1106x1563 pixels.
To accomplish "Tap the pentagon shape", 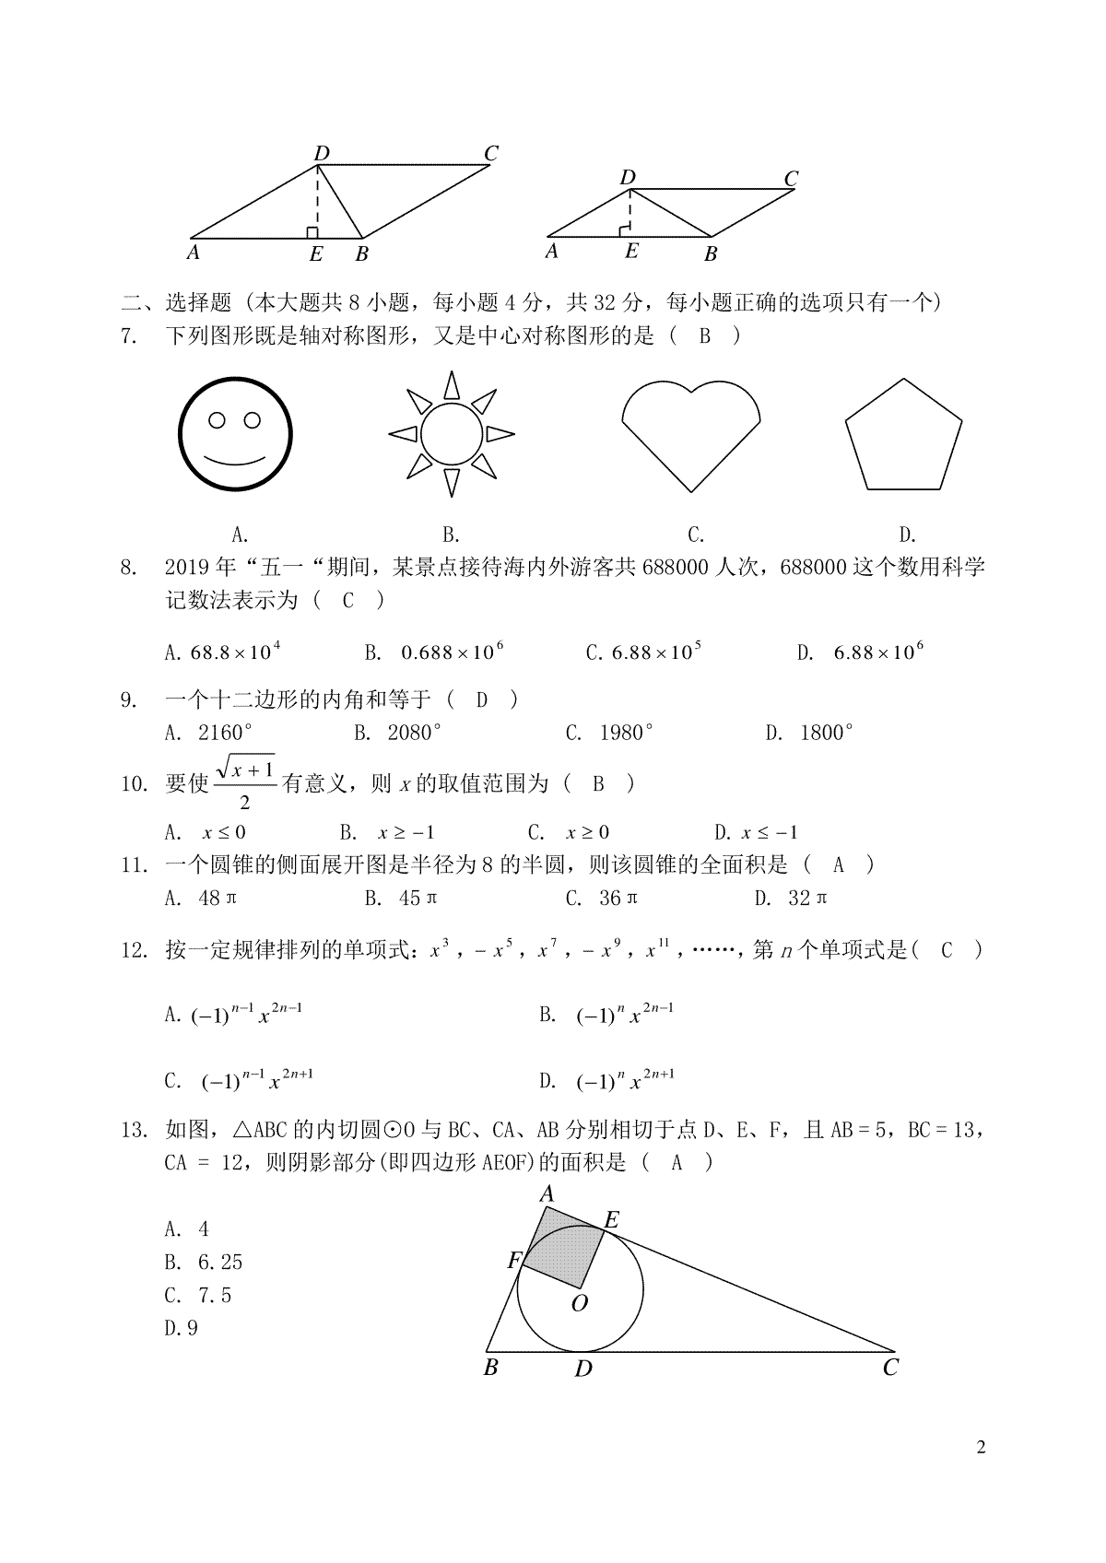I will (903, 435).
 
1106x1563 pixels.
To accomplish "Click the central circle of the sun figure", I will (452, 433).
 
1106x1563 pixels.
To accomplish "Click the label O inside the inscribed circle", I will (580, 1302).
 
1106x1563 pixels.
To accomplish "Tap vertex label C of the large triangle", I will (889, 1368).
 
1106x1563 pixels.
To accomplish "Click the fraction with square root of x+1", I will (245, 782).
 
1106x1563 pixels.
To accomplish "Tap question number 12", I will (134, 950).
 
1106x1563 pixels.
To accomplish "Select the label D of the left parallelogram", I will (322, 153).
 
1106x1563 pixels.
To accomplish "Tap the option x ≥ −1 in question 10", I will (406, 832).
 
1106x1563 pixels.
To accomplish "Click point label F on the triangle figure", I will (514, 1261).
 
